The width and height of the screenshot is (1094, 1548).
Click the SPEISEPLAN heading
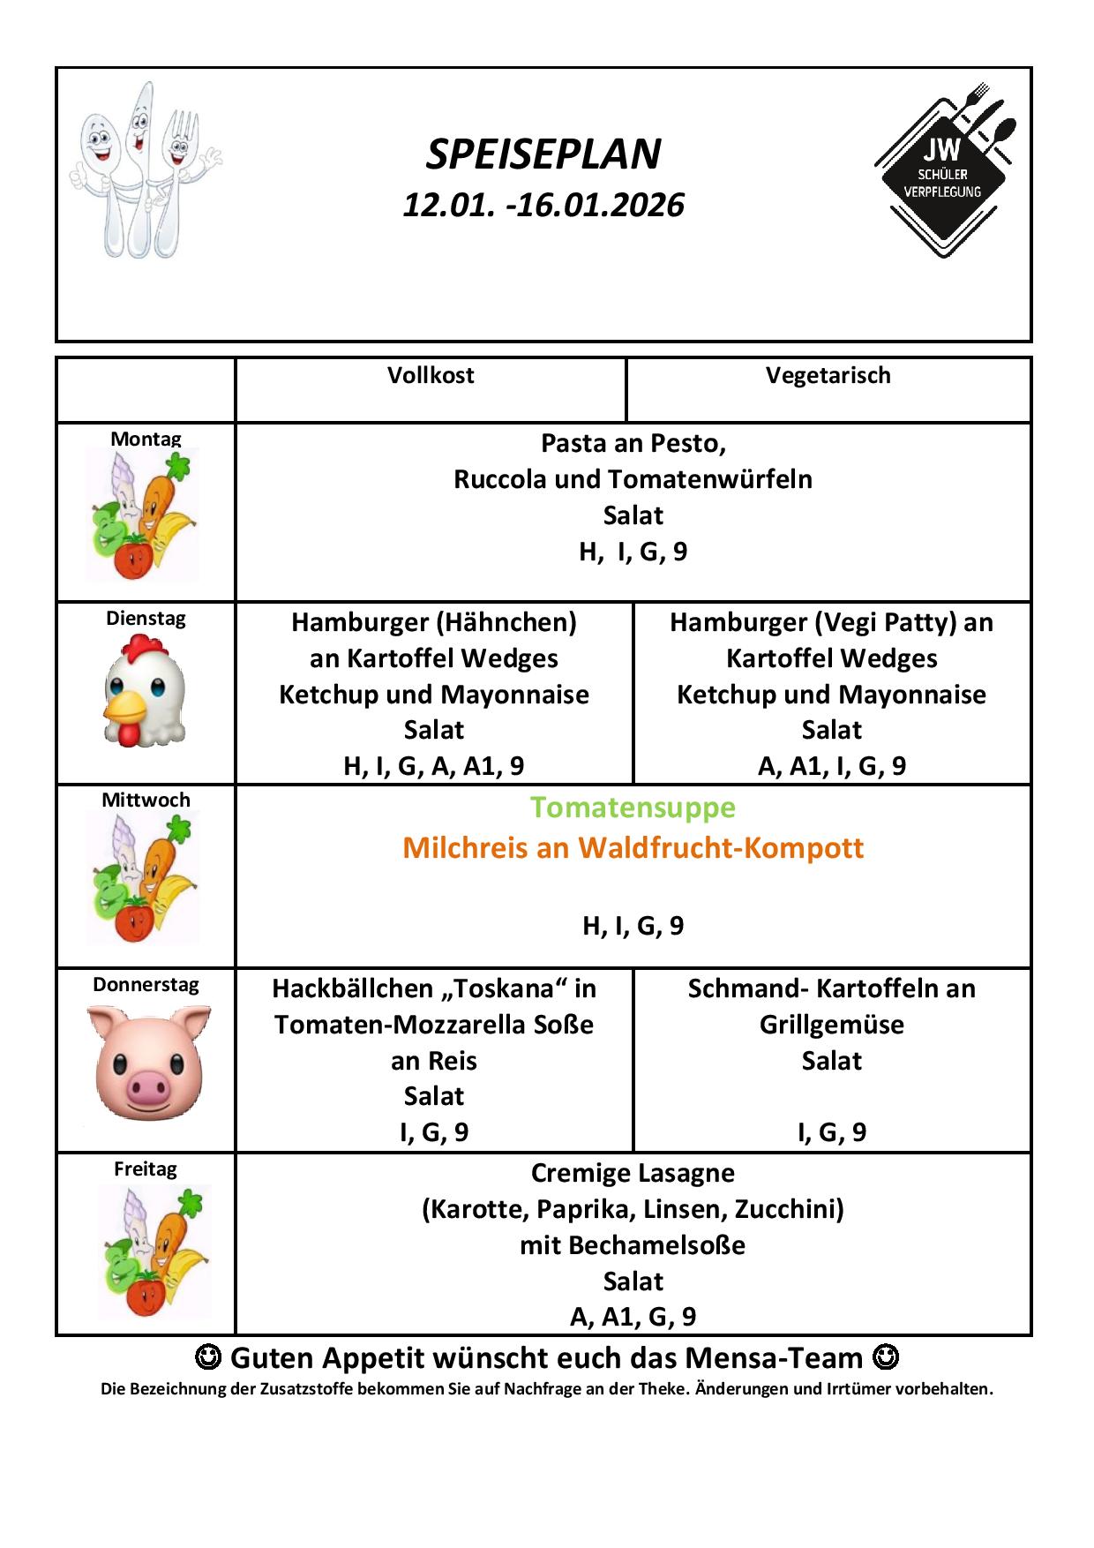tap(543, 154)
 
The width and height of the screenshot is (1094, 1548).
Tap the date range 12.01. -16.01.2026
tap(543, 206)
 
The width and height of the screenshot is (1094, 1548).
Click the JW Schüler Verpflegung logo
tap(945, 170)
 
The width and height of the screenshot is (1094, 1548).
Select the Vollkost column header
tap(431, 376)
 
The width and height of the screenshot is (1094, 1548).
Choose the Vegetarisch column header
tap(828, 376)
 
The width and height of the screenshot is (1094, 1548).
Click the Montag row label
tap(146, 439)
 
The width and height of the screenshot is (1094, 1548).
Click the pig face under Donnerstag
tap(147, 1063)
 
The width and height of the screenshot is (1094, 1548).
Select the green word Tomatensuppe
tap(633, 808)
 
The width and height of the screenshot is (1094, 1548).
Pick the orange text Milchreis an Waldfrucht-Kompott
tap(633, 848)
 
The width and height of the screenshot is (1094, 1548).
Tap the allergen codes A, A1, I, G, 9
tap(831, 766)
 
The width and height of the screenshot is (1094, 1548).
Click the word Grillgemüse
tap(831, 1025)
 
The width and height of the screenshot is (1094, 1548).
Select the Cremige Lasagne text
tap(633, 1173)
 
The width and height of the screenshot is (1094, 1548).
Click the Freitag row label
tap(146, 1169)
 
